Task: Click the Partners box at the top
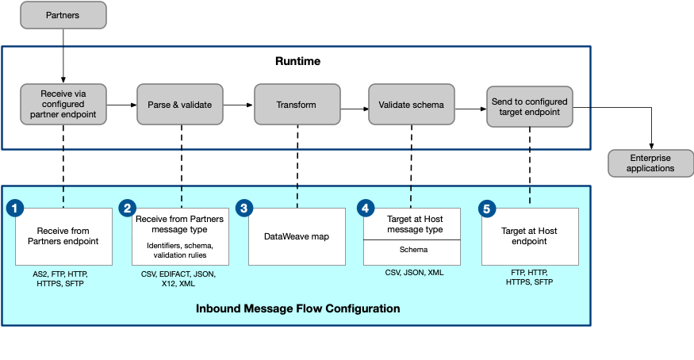[63, 14]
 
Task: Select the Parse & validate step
[180, 104]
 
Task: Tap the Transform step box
[297, 105]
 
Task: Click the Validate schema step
[412, 105]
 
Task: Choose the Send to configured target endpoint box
[529, 105]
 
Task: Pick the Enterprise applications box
[650, 163]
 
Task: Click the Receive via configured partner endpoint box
[63, 104]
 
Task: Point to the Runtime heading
[297, 61]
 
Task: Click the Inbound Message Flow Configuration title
[297, 308]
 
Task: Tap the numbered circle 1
[14, 209]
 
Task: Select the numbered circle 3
[245, 209]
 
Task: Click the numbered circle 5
[488, 209]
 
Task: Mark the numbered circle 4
[366, 209]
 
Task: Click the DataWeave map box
[297, 236]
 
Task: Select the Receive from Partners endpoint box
[63, 236]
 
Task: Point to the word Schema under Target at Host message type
[412, 249]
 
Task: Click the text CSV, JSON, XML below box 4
[413, 273]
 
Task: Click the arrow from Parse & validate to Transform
[238, 104]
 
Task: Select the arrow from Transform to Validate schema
[354, 104]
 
